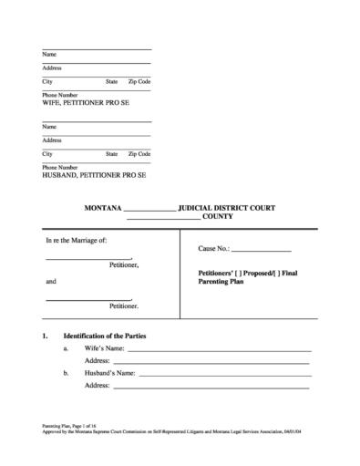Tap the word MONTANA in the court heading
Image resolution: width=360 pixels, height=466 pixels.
[x=102, y=208]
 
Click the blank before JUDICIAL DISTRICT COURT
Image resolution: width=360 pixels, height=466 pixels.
[x=149, y=209]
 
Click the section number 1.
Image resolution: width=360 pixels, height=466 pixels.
[x=45, y=337]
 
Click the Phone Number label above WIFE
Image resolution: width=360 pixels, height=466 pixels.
[x=61, y=96]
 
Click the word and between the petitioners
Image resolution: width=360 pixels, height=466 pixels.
[x=51, y=282]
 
